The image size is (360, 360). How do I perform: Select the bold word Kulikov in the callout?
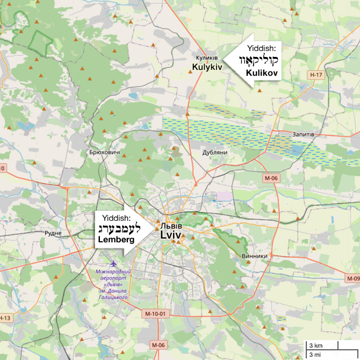coord(261,72)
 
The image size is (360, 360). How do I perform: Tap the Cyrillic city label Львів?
coord(172,226)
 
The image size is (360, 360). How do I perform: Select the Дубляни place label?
coord(215,153)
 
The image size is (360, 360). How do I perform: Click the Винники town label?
coord(255,256)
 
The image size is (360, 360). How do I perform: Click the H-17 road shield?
coord(316,74)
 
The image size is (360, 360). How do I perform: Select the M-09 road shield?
coord(353,278)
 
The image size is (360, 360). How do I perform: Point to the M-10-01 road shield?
coord(157,313)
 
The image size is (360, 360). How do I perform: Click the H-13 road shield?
coord(5,318)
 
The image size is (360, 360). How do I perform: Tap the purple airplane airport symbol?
coord(114,264)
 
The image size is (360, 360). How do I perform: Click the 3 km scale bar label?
coord(315,345)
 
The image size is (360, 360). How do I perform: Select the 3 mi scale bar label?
coord(315,354)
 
